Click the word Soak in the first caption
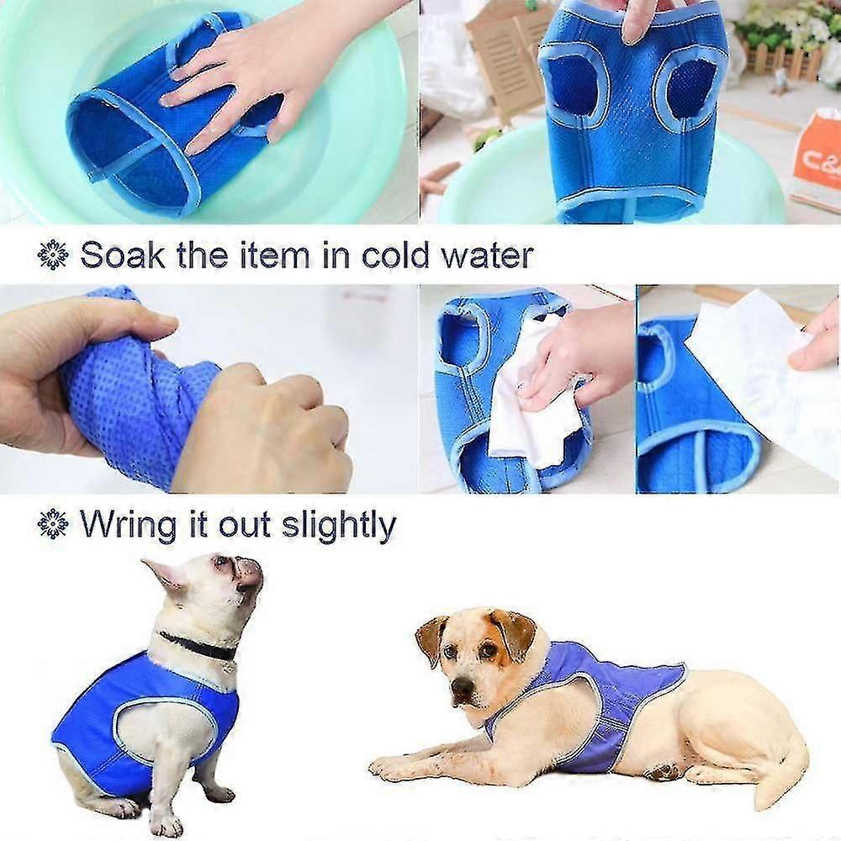(x=123, y=255)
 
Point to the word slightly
(x=338, y=525)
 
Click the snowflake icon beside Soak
(x=53, y=255)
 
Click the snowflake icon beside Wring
(x=53, y=524)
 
